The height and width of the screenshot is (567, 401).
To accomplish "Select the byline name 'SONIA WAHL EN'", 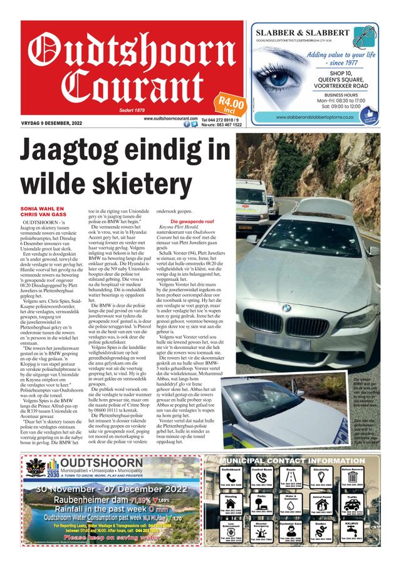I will click(x=43, y=208).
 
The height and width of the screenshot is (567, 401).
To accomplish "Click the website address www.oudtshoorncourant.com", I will click(x=170, y=118).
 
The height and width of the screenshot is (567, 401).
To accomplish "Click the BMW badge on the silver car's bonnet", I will click(x=286, y=308).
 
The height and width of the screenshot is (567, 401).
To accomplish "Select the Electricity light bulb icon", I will click(x=321, y=482).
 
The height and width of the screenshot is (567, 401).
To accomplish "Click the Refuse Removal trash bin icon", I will click(x=352, y=482).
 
